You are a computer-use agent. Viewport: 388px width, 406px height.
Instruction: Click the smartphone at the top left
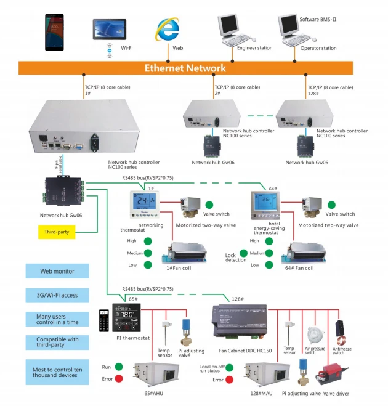point(55,31)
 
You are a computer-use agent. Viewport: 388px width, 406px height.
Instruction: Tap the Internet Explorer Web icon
point(167,30)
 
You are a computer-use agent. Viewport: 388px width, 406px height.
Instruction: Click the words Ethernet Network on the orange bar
point(185,68)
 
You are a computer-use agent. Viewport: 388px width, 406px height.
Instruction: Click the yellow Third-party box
point(57,232)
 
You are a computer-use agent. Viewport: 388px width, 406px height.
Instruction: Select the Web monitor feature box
point(57,271)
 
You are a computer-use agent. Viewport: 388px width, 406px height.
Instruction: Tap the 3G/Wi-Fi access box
point(57,295)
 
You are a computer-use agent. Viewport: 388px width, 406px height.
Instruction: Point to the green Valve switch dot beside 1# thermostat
point(209,205)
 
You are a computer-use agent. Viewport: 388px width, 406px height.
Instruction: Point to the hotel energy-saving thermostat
point(265,203)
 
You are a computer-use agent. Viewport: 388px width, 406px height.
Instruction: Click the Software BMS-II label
point(318,20)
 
